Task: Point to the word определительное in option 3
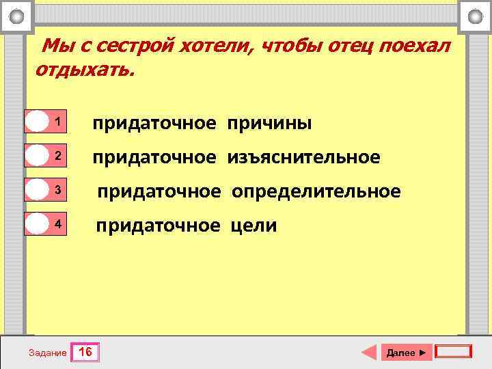(x=316, y=191)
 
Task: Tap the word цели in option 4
(x=254, y=225)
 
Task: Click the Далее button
(x=406, y=353)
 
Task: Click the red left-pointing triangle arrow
(x=369, y=353)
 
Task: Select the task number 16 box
(x=86, y=353)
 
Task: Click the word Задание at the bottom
(x=48, y=353)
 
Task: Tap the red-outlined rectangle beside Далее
(x=454, y=352)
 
